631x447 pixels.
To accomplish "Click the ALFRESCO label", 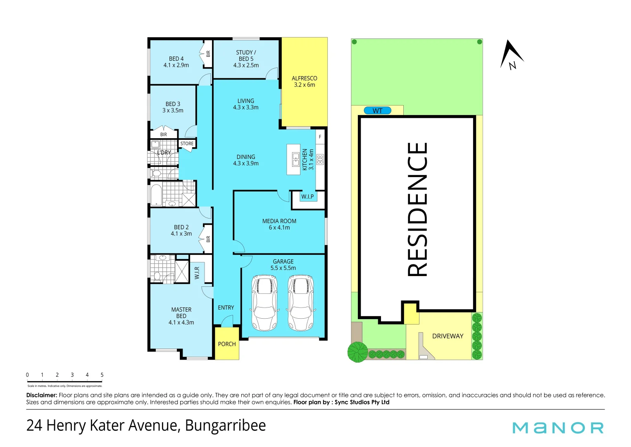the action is click(x=304, y=78).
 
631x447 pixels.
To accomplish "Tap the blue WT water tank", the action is click(x=377, y=111).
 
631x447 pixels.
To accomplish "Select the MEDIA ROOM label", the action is click(x=279, y=221).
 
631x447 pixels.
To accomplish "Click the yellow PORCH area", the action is click(x=227, y=344).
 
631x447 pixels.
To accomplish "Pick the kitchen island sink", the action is click(x=295, y=159).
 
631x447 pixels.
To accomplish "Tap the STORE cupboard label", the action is click(x=187, y=143).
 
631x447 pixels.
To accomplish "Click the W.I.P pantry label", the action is click(x=307, y=197).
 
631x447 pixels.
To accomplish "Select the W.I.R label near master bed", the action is click(x=197, y=273).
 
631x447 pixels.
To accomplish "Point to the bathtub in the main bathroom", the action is click(x=156, y=195).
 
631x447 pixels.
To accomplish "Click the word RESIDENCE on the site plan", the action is click(x=417, y=209).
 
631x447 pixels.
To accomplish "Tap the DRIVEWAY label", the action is click(x=448, y=336).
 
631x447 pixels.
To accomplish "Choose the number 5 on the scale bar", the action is click(x=102, y=375).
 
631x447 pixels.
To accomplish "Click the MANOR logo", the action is click(x=558, y=428).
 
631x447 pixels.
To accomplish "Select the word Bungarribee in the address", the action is click(x=225, y=426).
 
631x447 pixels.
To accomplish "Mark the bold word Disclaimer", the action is click(x=42, y=395).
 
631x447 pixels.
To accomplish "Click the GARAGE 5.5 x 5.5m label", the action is click(x=283, y=265).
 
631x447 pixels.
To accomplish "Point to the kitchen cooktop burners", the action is click(x=320, y=159).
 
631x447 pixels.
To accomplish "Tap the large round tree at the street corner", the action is click(x=357, y=352).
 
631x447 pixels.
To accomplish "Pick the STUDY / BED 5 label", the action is click(x=246, y=59).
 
